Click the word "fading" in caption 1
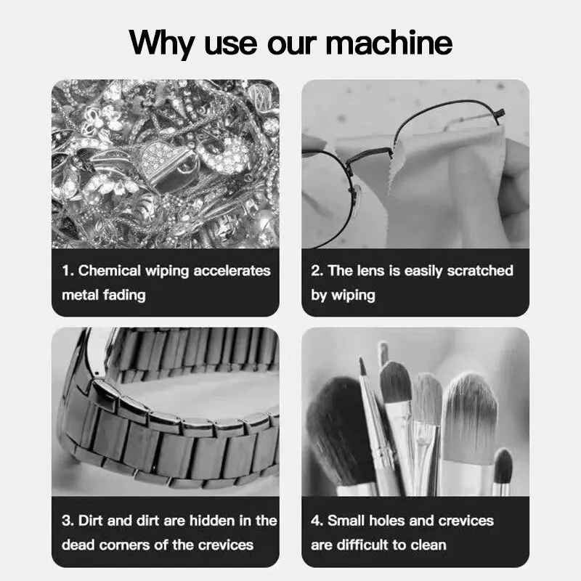coord(126,295)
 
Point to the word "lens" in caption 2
coord(370,271)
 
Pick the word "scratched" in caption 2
coord(479,271)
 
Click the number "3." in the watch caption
coord(68,521)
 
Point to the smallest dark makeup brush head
coord(503,465)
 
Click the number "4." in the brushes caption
coord(317,521)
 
